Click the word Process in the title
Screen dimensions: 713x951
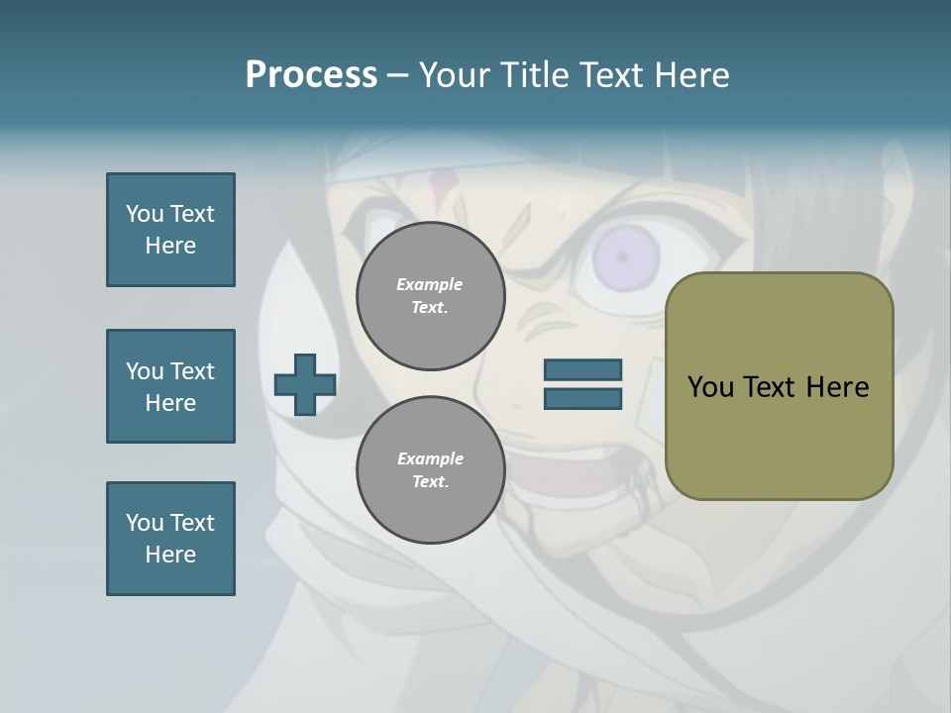[311, 75]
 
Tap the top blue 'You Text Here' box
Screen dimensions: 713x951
[170, 230]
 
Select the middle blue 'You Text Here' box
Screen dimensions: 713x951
[170, 386]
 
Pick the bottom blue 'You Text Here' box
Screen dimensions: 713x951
[170, 539]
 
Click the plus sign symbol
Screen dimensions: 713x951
[305, 384]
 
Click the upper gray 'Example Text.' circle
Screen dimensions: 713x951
[430, 296]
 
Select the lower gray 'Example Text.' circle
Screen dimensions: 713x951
[430, 470]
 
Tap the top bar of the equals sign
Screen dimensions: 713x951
[582, 370]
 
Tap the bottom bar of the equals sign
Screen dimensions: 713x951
[582, 399]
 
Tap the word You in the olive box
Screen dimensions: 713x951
[709, 387]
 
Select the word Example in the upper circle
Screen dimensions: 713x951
[430, 284]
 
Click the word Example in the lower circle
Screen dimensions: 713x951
[430, 458]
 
